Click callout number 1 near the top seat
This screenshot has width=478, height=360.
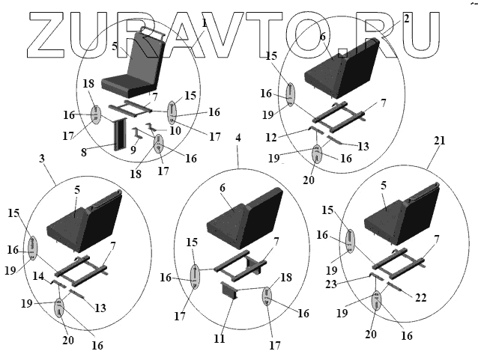click(204, 24)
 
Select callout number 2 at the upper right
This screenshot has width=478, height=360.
click(406, 17)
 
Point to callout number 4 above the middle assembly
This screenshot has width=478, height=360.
click(238, 138)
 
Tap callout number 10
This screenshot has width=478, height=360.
click(175, 131)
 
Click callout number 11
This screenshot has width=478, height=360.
click(219, 339)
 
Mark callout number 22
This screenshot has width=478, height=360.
click(421, 298)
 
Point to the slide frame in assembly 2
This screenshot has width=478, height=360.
click(337, 113)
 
